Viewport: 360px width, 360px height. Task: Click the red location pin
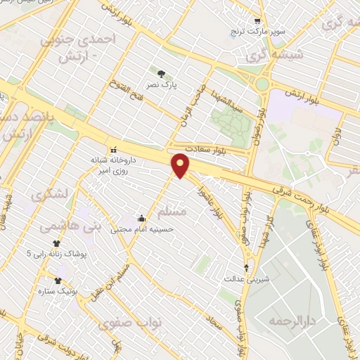click(x=181, y=165)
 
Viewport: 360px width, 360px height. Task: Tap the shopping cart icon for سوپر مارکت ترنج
click(x=257, y=21)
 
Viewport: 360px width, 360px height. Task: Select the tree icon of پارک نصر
click(x=162, y=73)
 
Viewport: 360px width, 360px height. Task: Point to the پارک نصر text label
click(x=162, y=85)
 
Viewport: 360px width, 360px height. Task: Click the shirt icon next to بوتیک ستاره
click(x=58, y=280)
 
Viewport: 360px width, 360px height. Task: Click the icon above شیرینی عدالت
click(x=246, y=267)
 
